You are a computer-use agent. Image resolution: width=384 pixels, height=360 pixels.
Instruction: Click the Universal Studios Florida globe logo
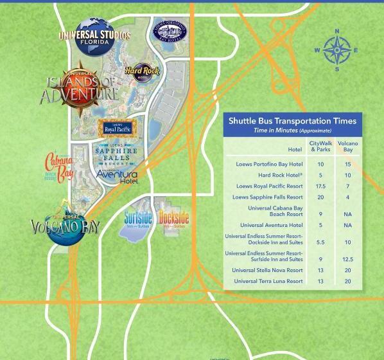[x=95, y=36]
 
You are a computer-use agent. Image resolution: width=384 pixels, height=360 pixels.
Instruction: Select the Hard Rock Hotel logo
[x=141, y=73]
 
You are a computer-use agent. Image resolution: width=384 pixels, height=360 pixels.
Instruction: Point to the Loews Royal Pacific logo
[x=118, y=129]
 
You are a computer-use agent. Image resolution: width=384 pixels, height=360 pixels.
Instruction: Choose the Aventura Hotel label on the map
[x=117, y=175]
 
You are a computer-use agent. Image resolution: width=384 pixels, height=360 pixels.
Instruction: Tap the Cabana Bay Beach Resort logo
[x=58, y=168]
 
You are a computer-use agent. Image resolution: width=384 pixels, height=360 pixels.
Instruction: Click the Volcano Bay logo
[x=65, y=225]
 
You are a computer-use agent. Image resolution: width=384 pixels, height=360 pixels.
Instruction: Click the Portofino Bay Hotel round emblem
[x=170, y=30]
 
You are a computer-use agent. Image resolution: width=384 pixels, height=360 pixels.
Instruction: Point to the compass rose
[x=336, y=50]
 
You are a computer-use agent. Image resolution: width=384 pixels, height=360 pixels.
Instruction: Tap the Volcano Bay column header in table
[x=347, y=146]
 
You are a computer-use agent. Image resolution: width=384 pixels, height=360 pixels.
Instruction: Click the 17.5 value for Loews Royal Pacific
[x=320, y=186]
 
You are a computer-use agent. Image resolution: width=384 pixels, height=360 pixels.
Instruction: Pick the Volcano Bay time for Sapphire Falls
[x=347, y=197]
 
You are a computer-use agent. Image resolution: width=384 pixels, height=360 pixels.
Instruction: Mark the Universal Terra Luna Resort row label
[x=268, y=281]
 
